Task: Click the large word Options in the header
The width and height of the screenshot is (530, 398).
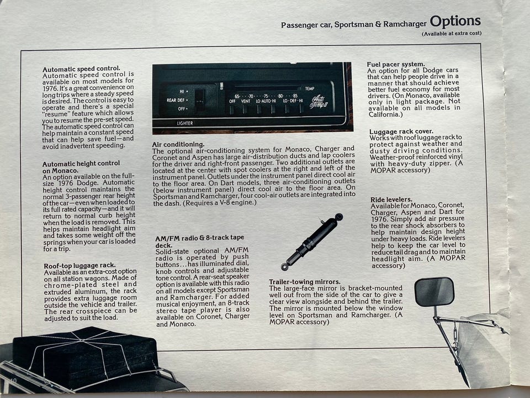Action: pyautogui.click(x=455, y=22)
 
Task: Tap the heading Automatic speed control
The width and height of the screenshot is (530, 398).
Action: pyautogui.click(x=81, y=69)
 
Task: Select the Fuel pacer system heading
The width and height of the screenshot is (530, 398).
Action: pyautogui.click(x=396, y=64)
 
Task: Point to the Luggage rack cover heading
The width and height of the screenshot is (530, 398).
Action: pyautogui.click(x=401, y=132)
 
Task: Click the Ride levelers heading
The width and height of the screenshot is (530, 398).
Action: pyautogui.click(x=391, y=200)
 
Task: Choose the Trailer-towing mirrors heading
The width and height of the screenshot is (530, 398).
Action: pyautogui.click(x=305, y=281)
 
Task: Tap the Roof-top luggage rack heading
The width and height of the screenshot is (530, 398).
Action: pyautogui.click(x=79, y=265)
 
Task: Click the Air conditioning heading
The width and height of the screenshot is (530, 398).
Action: pyautogui.click(x=178, y=144)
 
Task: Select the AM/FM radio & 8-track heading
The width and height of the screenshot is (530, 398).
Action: pyautogui.click(x=199, y=241)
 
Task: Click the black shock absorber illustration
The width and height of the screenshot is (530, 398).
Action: pyautogui.click(x=311, y=242)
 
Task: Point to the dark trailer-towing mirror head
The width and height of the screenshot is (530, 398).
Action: pyautogui.click(x=434, y=292)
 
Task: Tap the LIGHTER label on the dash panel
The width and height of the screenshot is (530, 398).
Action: pyautogui.click(x=185, y=123)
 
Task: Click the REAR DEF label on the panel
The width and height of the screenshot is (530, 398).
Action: pyautogui.click(x=176, y=100)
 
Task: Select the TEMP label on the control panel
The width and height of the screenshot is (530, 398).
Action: pyautogui.click(x=310, y=88)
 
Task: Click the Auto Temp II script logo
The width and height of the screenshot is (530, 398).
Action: pyautogui.click(x=318, y=102)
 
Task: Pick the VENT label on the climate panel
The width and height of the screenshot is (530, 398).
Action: pyautogui.click(x=246, y=101)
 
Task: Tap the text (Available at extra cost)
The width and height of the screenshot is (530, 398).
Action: pyautogui.click(x=452, y=34)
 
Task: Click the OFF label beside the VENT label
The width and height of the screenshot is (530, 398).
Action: pyautogui.click(x=232, y=101)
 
